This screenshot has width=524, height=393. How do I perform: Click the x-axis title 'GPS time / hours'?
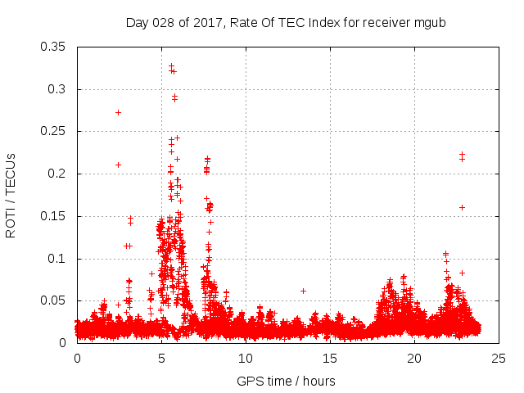[286, 381]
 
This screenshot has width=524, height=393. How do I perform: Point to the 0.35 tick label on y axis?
[54, 47]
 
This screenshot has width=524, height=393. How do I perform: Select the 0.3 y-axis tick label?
[57, 89]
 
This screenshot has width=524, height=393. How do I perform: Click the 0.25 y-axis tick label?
[54, 132]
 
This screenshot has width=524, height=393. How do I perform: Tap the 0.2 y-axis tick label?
[57, 174]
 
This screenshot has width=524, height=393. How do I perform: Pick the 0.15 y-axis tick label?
[54, 216]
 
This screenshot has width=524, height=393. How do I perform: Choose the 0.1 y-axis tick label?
[57, 259]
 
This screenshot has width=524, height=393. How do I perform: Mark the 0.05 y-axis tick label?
[54, 300]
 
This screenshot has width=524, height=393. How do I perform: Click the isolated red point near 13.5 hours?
[303, 291]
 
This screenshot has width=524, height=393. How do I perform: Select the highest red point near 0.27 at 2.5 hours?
[119, 112]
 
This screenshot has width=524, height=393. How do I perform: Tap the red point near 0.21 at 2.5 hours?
[119, 165]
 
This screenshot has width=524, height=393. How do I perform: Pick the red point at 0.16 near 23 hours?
[462, 207]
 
